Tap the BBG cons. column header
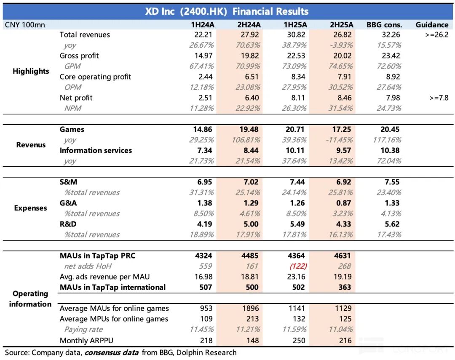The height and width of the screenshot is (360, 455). click(384, 24)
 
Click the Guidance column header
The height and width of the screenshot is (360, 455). click(432, 24)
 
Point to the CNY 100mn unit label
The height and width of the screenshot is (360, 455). click(25, 24)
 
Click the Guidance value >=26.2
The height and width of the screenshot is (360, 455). click(437, 35)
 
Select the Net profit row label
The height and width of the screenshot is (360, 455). click(76, 98)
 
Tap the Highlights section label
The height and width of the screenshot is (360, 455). click(31, 71)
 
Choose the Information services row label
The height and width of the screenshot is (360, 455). click(96, 150)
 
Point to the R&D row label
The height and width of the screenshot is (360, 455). click(68, 224)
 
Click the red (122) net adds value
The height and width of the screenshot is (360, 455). click(297, 266)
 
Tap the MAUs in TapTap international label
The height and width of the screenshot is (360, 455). click(112, 287)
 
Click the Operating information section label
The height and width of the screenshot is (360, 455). click(30, 299)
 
